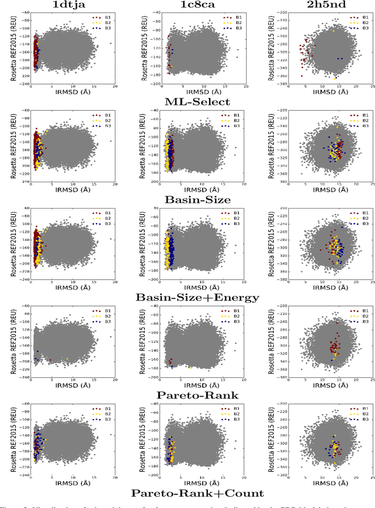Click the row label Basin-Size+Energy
[198, 298]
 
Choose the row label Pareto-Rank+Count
[198, 493]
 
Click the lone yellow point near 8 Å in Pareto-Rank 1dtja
[67, 359]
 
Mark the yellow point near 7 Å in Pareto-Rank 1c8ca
[191, 367]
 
